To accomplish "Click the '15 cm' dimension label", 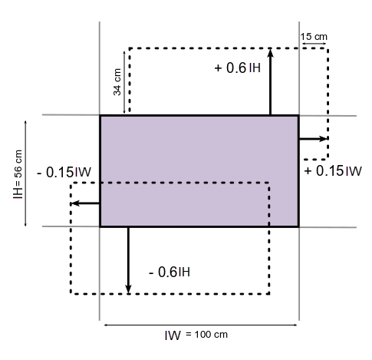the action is pyautogui.click(x=314, y=37).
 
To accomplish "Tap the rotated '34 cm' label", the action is pyautogui.click(x=117, y=82).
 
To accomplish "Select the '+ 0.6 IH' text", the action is pyautogui.click(x=238, y=68).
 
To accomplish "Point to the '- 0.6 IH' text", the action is pyautogui.click(x=170, y=272).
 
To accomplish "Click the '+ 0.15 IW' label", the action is pyautogui.click(x=333, y=171).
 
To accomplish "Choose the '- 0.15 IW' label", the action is pyautogui.click(x=64, y=172).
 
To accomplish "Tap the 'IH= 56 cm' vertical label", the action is pyautogui.click(x=18, y=174).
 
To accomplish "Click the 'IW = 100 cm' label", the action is pyautogui.click(x=196, y=335).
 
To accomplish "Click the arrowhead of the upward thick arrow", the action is pyautogui.click(x=271, y=52).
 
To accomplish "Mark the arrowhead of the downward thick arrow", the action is pyautogui.click(x=128, y=289).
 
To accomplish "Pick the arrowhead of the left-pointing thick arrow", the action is pyautogui.click(x=75, y=203).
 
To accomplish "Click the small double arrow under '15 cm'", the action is pyautogui.click(x=314, y=44).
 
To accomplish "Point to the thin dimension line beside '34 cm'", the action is pyautogui.click(x=124, y=82).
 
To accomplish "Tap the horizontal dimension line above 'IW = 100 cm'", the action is pyautogui.click(x=201, y=325).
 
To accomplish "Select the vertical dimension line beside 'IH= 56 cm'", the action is pyautogui.click(x=25, y=173).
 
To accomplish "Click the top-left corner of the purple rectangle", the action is pyautogui.click(x=100, y=116).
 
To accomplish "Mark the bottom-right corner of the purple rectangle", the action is pyautogui.click(x=298, y=226).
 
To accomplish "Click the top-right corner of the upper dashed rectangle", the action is pyautogui.click(x=328, y=48).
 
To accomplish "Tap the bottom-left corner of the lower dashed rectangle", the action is pyautogui.click(x=71, y=294).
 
